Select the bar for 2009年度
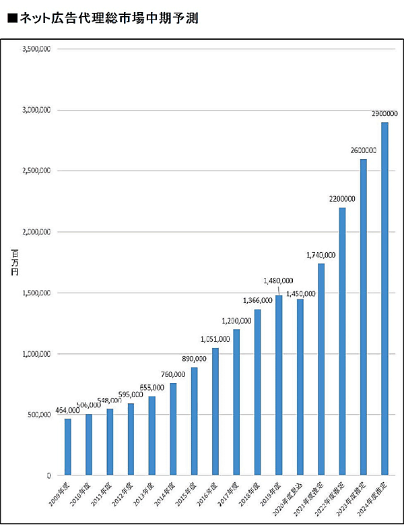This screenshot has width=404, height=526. click(x=67, y=446)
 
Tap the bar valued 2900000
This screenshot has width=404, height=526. click(x=384, y=298)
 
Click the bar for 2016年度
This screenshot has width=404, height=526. click(x=215, y=411)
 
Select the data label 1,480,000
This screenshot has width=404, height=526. click(x=278, y=281)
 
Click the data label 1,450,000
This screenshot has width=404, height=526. click(x=302, y=293)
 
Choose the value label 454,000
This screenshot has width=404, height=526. click(x=67, y=411)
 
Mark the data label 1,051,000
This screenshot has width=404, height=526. click(x=215, y=339)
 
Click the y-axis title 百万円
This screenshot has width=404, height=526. click(x=15, y=262)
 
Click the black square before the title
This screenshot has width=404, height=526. click(x=11, y=19)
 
